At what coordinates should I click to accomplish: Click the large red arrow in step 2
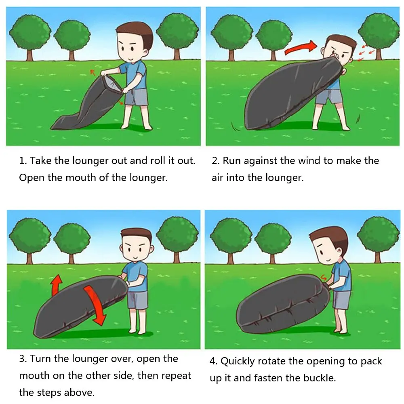pos(301,48)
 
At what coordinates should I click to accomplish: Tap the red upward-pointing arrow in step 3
pos(57,285)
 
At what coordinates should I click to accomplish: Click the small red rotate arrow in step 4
pos(323,278)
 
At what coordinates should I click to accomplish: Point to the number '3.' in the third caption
pos(23,359)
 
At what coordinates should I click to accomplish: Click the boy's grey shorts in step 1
pos(137,97)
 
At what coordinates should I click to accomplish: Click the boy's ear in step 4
pos(339,253)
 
